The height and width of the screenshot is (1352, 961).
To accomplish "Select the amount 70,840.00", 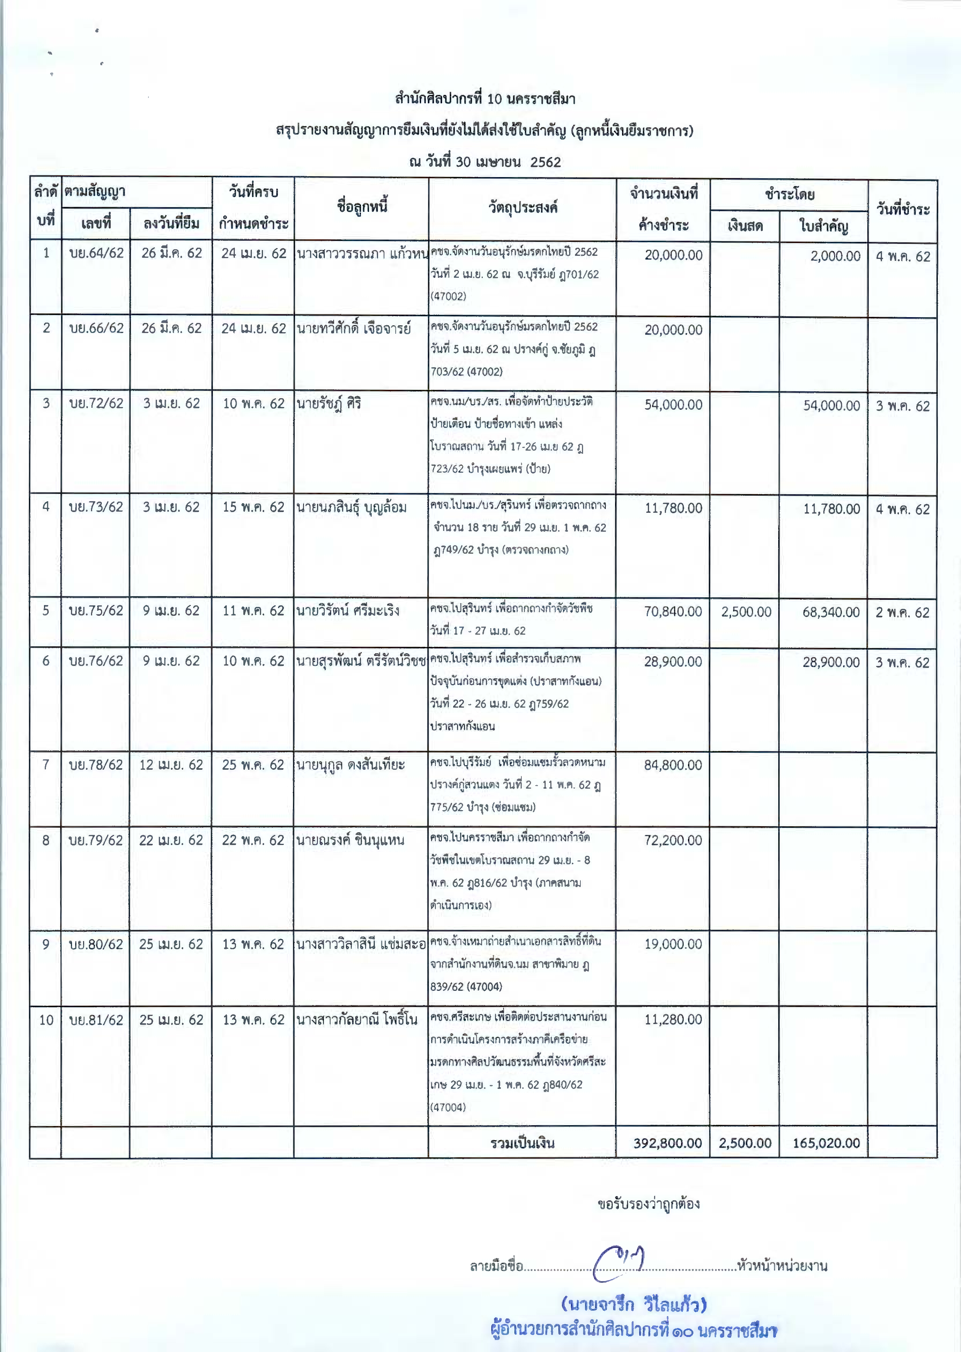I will pos(673,612).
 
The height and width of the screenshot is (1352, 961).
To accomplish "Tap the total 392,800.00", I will pos(668,1143).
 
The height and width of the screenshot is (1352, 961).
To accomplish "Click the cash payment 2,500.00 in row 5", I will pos(745,612).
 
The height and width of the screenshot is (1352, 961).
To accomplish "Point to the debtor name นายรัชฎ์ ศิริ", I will pos(329,404).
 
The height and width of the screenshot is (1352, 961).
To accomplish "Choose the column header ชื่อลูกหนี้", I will pos(362,207).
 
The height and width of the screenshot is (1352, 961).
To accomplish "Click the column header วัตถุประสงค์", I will pos(523,208).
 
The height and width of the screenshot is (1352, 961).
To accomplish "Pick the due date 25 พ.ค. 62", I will pos(253,765).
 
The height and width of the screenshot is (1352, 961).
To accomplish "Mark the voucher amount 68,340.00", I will pos(831,612).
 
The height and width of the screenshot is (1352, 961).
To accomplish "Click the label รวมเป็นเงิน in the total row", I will pos(522,1143).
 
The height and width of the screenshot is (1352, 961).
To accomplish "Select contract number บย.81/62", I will pos(96,1020).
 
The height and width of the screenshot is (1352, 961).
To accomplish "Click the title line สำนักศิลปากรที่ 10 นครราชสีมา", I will pos(485,99).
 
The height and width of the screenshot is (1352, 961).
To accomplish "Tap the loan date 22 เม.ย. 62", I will pos(171,840).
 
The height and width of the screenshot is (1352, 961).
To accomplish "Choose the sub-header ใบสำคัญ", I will pos(823,226).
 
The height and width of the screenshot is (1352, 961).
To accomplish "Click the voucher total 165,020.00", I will pos(826,1143).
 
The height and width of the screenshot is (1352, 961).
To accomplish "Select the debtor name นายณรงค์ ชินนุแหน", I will pos(350,840).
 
